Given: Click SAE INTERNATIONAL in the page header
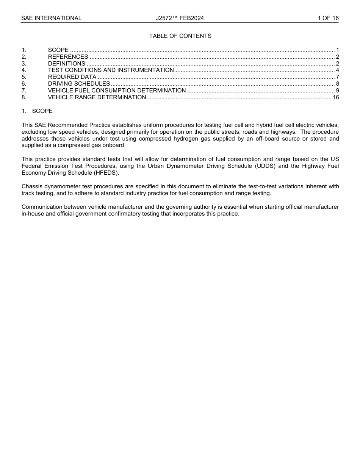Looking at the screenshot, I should pos(51,18).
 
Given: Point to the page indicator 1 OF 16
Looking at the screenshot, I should pos(328,18).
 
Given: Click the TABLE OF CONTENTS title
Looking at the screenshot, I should pos(180,36).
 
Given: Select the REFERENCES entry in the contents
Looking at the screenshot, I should pos(68,57).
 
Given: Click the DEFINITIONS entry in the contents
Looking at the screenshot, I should pos(66,64).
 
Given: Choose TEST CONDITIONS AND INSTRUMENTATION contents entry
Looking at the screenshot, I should pos(111,70).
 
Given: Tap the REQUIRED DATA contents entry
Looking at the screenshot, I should pos(72,77).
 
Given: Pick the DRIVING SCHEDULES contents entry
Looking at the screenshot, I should pos(79,84).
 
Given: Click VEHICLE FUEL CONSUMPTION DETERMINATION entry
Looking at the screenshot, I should pos(117,91).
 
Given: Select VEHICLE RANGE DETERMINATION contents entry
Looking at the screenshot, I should pos(97,97).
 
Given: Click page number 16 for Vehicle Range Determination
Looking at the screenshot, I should pos(336,97).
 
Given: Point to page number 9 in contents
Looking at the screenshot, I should pos(337,91).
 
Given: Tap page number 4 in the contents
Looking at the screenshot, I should pos(337,70).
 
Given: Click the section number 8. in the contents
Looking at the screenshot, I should pos(24,97).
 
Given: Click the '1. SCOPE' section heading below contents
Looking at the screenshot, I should pos(37,111).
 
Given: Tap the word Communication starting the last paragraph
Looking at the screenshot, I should pos(42,207).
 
